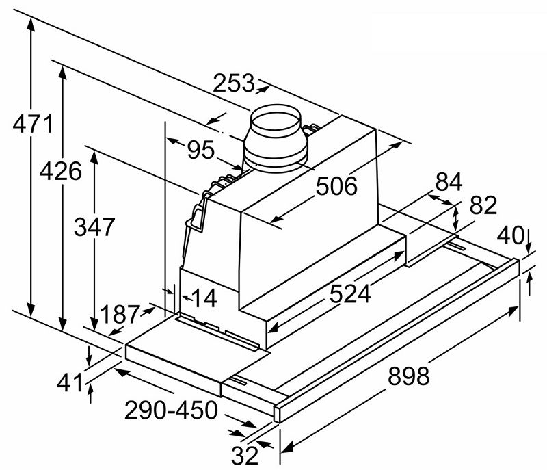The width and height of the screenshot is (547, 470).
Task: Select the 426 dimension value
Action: click(60, 170)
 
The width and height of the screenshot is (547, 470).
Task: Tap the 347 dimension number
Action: click(94, 226)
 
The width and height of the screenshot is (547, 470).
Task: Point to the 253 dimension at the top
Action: click(233, 83)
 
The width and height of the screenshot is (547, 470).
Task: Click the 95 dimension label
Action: click(201, 150)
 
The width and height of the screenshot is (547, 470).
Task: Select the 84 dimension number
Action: click(449, 182)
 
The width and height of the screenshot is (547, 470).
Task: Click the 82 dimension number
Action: click(483, 207)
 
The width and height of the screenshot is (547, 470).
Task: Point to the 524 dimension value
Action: click(349, 293)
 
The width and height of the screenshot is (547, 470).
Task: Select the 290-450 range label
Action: click(171, 410)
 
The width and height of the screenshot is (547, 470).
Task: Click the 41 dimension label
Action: click(68, 382)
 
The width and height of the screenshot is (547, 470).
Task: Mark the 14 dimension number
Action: click(203, 298)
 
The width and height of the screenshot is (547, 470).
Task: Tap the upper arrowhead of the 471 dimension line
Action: click(31, 21)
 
